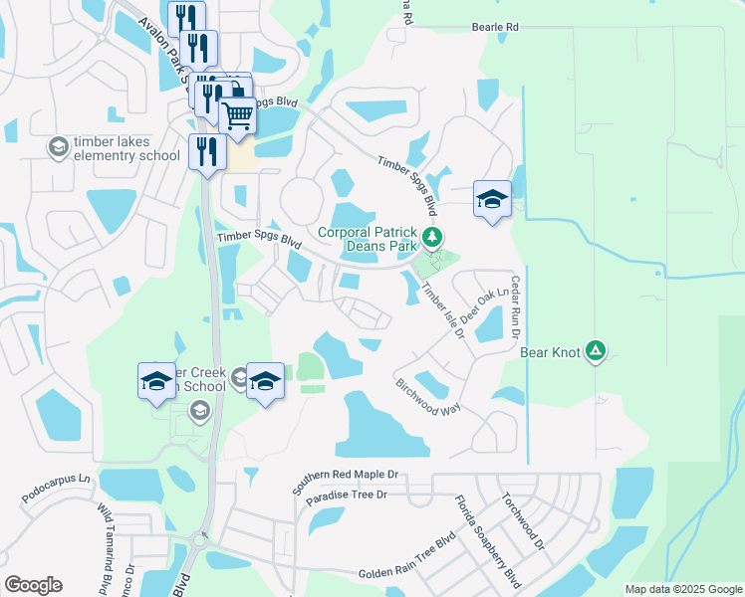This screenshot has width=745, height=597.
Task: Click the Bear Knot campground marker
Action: click(x=595, y=350)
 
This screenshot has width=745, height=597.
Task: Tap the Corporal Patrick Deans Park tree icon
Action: click(x=431, y=238)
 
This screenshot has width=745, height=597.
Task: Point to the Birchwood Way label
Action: click(x=428, y=396)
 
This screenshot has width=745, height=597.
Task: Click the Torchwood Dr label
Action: click(x=523, y=521)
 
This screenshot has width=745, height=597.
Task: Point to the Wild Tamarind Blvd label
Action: click(x=106, y=547)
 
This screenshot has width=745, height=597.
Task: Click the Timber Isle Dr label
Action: click(x=443, y=311)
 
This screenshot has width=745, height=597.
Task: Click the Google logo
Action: click(x=33, y=585)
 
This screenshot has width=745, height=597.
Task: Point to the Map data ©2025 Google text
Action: click(x=682, y=589)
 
